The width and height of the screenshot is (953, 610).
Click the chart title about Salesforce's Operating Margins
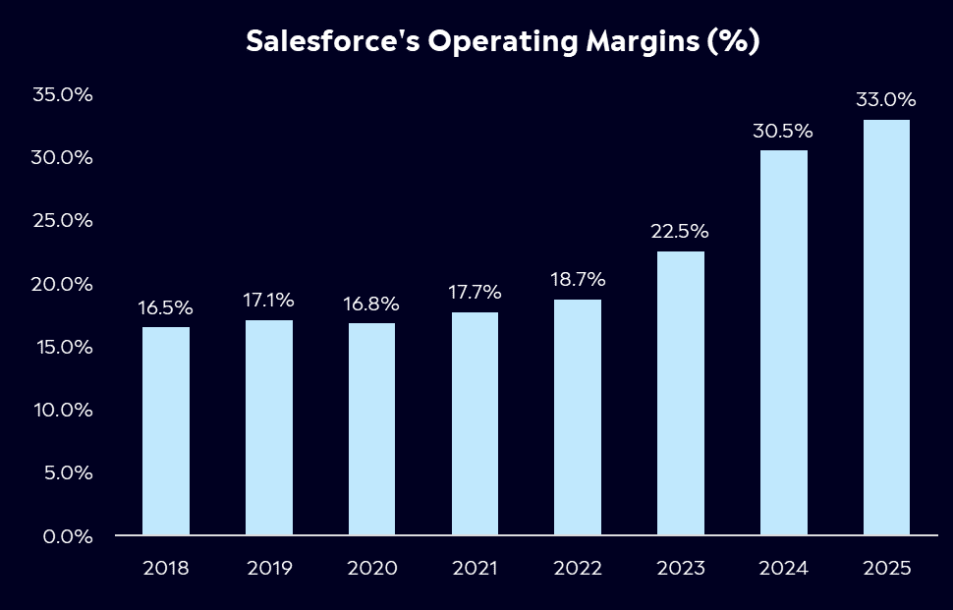point(502,42)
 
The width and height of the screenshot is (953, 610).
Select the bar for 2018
point(166,431)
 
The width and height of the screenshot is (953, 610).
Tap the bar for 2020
point(371,429)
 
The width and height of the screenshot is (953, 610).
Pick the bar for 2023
point(680,393)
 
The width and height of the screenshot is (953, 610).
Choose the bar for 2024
point(783,343)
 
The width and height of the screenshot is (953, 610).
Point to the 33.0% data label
point(886,100)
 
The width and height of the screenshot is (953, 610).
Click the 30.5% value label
point(783,131)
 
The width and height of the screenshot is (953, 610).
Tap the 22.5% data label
point(680,232)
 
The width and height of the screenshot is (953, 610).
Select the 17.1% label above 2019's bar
point(268,301)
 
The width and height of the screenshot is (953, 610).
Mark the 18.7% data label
point(578,280)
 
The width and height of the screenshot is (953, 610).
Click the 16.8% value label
point(371,304)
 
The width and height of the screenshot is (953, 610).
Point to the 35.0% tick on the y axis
point(62,95)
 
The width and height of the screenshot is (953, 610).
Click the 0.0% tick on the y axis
point(67,536)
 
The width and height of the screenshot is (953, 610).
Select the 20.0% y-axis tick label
point(62,284)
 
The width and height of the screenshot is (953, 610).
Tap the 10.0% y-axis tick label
point(62,410)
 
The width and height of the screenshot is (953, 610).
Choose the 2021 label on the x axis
point(475,569)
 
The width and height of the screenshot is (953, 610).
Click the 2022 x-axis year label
point(578,569)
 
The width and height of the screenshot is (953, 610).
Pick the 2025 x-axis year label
point(886,569)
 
